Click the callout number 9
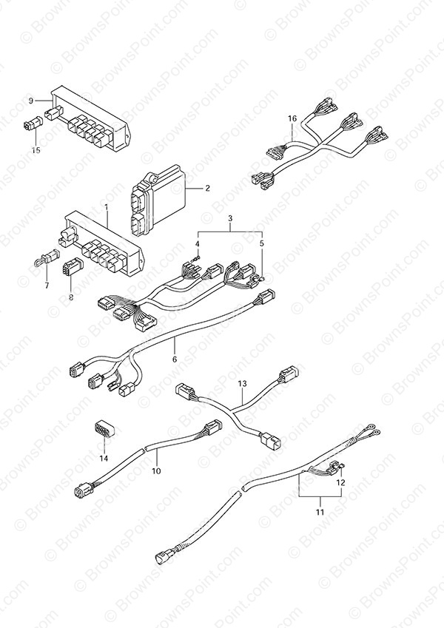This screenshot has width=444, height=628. point(31,100)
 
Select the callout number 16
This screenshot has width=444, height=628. point(292,118)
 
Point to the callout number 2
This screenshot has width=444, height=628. point(208,188)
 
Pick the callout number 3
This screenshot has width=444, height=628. point(230,219)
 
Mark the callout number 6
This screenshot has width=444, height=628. point(175,360)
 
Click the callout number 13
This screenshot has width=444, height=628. point(241,384)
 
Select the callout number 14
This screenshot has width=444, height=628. point(104,459)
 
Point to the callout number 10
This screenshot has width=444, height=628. point(156,469)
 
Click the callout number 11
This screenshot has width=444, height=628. point(320,510)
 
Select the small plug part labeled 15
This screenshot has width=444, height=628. point(32,126)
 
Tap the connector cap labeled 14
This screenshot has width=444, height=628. point(104,430)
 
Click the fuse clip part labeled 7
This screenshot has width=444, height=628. point(43,260)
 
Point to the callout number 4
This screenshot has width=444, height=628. point(198,243)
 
